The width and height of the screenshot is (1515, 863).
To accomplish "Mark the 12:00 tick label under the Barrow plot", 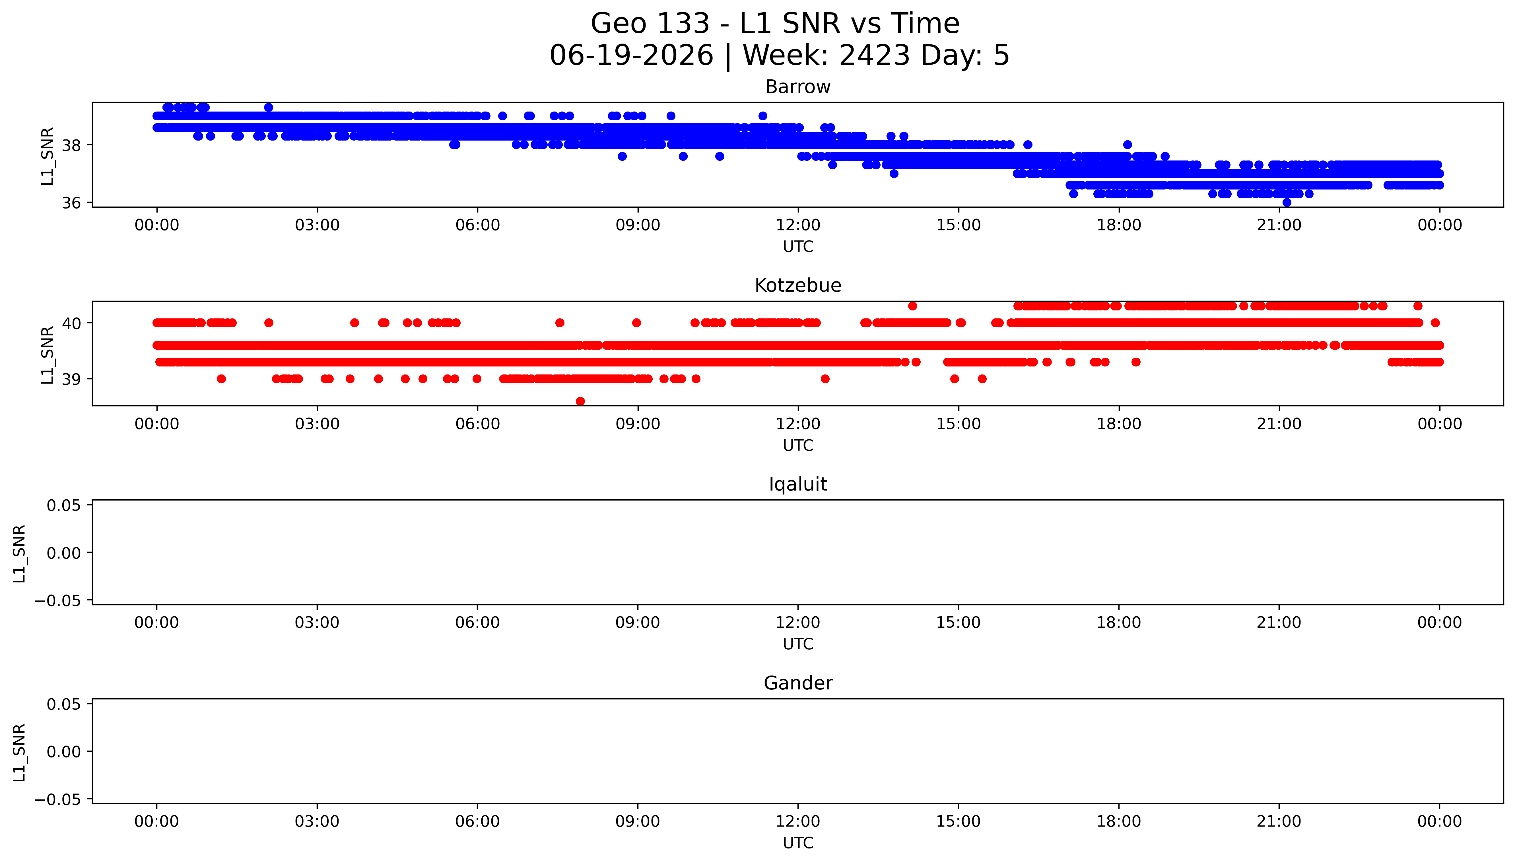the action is click(x=798, y=225).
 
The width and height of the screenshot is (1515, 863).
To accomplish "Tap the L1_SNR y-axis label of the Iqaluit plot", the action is click(x=20, y=553).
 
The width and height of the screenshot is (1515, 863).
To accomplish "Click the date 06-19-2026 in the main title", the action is click(x=632, y=56).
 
